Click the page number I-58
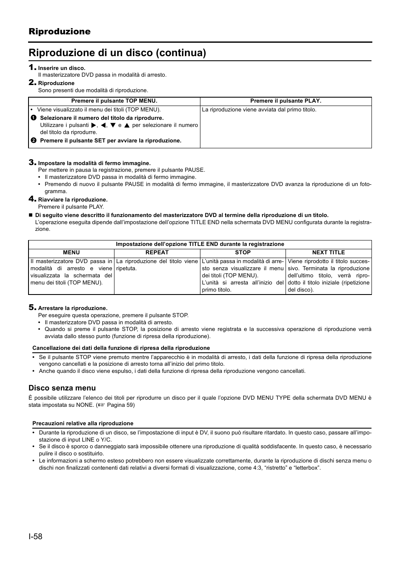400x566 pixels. tap(36, 537)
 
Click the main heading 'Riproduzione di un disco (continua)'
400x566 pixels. tap(117, 53)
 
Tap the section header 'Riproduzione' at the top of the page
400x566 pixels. tap(60, 31)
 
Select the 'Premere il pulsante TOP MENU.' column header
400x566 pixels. tap(114, 101)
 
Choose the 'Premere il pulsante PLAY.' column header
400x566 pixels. tap(286, 101)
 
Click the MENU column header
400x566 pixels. tap(71, 253)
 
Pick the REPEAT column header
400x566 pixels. tap(157, 253)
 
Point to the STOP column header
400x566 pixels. tap(243, 253)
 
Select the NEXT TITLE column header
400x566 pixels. tap(328, 253)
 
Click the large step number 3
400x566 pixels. tap(31, 162)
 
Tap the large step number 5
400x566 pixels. tap(31, 308)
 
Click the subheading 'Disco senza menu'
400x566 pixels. tap(62, 388)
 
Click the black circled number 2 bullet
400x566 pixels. tap(34, 141)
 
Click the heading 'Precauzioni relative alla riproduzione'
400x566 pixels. tap(83, 424)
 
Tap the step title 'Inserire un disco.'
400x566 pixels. tap(62, 68)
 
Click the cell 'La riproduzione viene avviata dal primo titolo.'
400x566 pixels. tap(259, 110)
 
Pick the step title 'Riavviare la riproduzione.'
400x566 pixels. tap(73, 200)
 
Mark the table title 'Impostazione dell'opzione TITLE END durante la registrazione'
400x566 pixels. tap(200, 244)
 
